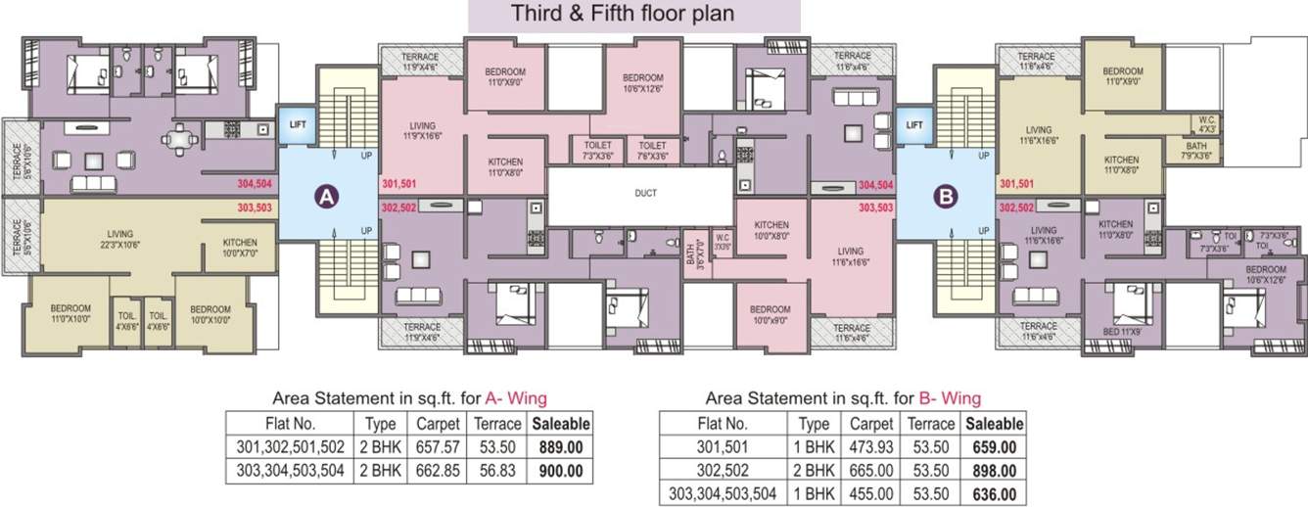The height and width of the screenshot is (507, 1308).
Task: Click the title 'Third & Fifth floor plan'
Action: click(633, 16)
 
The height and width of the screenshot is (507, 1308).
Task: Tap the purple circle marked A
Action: click(326, 197)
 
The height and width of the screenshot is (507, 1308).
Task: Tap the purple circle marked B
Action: click(945, 197)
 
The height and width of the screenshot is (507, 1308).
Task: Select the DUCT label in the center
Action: click(645, 194)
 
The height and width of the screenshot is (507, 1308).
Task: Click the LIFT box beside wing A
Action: click(296, 124)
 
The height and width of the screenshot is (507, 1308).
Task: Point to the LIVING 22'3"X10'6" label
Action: click(119, 240)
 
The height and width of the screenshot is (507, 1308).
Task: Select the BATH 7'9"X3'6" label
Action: click(1176, 150)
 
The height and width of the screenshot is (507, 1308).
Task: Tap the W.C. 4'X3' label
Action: click(1205, 124)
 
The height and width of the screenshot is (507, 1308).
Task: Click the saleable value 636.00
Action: click(995, 494)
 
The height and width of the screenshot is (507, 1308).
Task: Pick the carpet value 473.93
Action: click(870, 447)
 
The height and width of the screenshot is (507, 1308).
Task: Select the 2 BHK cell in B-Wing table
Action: click(814, 471)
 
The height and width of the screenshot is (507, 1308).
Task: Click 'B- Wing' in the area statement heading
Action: click(950, 398)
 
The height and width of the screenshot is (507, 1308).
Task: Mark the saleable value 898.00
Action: click(995, 471)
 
